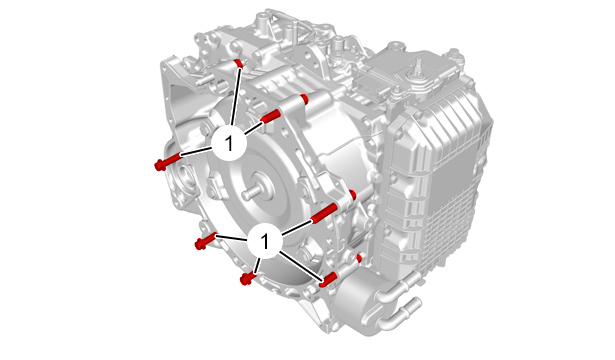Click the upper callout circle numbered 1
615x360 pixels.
229,143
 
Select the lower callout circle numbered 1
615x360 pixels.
265,241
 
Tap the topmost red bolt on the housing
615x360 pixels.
238,63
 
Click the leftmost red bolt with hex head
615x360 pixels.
168,162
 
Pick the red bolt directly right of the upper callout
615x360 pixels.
270,115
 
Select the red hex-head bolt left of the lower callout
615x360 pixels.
205,240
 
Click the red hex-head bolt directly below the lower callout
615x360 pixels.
248,279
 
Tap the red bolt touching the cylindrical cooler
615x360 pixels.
328,279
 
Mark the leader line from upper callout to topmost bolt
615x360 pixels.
235,96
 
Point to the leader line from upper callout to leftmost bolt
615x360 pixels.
196,152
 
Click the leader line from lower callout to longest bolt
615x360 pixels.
297,228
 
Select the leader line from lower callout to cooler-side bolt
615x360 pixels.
301,267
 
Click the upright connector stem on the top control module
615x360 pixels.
419,66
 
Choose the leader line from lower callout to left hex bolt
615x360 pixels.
232,237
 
